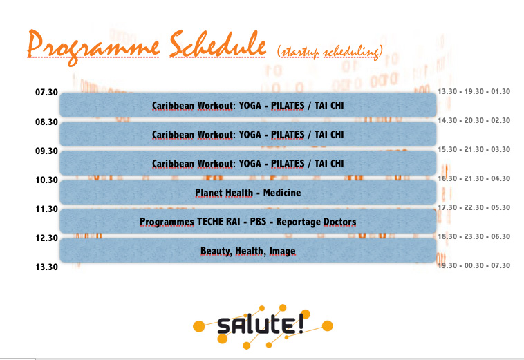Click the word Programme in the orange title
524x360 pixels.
[x=93, y=47]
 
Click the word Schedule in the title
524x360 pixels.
[x=218, y=44]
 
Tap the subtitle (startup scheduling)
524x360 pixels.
[x=330, y=52]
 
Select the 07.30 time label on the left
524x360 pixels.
[x=46, y=92]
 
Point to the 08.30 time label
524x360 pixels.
[x=46, y=122]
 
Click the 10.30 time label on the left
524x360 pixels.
[x=47, y=180]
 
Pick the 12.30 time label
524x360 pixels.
[x=47, y=238]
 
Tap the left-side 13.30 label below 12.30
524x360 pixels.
[x=47, y=267]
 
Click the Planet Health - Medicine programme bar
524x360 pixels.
[x=248, y=192]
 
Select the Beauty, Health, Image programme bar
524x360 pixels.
[x=248, y=250]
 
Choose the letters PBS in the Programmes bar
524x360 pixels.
[x=258, y=222]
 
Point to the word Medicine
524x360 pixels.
[x=282, y=193]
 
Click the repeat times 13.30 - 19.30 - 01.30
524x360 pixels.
[x=474, y=91]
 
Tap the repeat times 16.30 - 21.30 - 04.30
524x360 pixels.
[x=474, y=179]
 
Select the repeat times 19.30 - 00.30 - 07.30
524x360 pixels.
[x=474, y=266]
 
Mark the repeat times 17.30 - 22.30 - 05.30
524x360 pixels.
[x=474, y=208]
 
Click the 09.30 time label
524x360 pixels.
[x=46, y=151]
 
